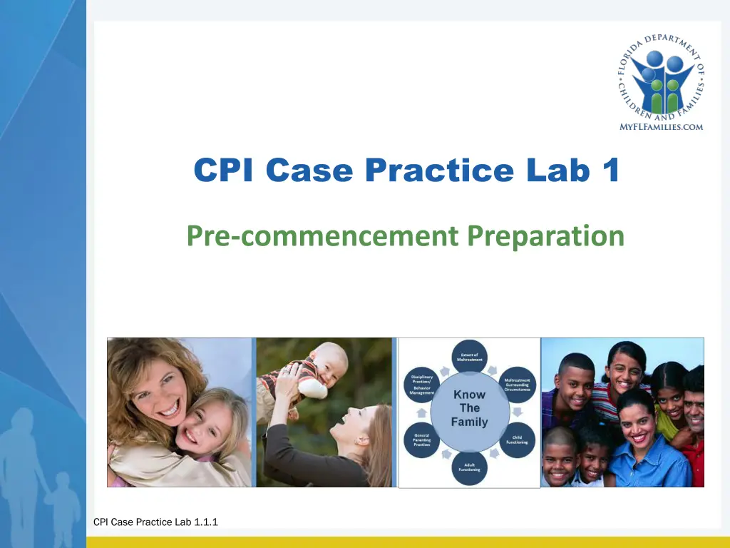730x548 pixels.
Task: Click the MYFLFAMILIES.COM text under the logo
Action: [x=661, y=127]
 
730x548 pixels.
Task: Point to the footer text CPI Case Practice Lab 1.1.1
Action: [x=155, y=522]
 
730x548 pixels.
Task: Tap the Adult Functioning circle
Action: [x=468, y=467]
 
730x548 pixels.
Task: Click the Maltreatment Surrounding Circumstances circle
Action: [x=517, y=384]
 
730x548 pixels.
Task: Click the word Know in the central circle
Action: [x=469, y=395]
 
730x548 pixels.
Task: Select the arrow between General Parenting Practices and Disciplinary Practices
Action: [x=421, y=412]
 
